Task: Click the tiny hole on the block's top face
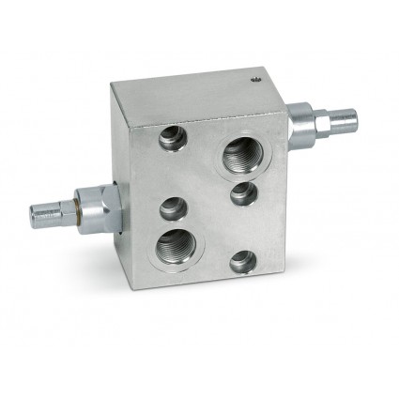pyautogui.click(x=253, y=81)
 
